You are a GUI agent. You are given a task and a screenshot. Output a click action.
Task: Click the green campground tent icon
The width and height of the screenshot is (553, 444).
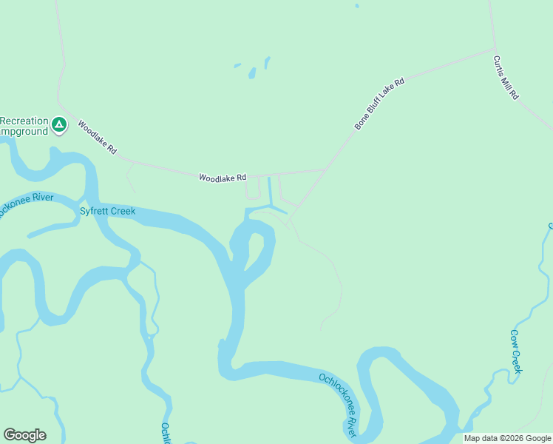[59, 126]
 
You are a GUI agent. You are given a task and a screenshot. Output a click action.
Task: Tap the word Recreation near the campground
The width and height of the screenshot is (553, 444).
[24, 121]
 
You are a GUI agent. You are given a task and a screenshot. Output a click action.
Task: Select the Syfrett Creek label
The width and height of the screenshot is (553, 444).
[107, 212]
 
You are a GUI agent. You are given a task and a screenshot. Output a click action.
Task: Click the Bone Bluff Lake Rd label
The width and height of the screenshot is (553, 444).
[380, 104]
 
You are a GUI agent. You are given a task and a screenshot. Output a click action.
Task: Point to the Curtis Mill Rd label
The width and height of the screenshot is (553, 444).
[506, 78]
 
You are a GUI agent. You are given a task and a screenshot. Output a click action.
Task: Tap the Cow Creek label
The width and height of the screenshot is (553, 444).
[517, 351]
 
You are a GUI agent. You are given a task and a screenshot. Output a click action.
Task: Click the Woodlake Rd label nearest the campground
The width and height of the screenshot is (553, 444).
[97, 138]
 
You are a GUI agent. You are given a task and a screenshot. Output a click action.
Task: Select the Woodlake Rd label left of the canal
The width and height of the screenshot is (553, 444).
[222, 178]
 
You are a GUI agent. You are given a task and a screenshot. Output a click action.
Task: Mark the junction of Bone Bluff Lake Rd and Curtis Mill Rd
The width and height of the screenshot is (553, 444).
[493, 50]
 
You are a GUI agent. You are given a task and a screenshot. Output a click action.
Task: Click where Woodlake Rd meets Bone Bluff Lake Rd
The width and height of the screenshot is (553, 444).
[328, 169]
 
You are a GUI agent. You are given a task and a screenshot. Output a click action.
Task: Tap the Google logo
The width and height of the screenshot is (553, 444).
[24, 435]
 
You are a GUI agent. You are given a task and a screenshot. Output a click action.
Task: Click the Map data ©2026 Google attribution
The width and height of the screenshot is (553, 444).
[507, 438]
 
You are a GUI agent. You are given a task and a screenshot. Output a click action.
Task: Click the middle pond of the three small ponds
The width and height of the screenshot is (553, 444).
[252, 73]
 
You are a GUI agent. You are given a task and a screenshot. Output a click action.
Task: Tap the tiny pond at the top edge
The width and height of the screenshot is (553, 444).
[356, 6]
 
